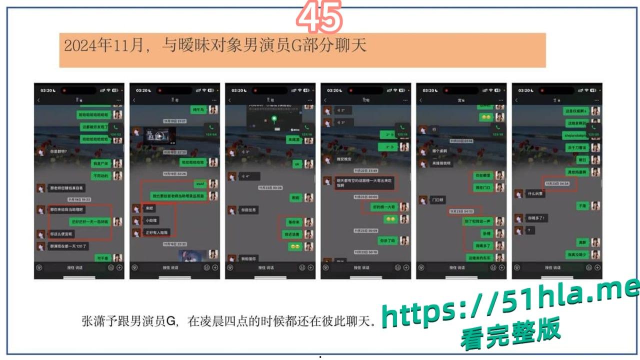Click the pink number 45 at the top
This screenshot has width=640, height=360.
[x=319, y=17]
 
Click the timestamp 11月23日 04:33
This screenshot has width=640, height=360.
[x=464, y=211]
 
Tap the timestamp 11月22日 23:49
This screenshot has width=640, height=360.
[x=365, y=170]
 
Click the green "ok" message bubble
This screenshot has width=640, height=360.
[x=296, y=163]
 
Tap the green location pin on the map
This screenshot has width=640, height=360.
[x=274, y=119]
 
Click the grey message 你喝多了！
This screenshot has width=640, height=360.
[x=536, y=218]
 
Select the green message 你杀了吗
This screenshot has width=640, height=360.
[x=387, y=240]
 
